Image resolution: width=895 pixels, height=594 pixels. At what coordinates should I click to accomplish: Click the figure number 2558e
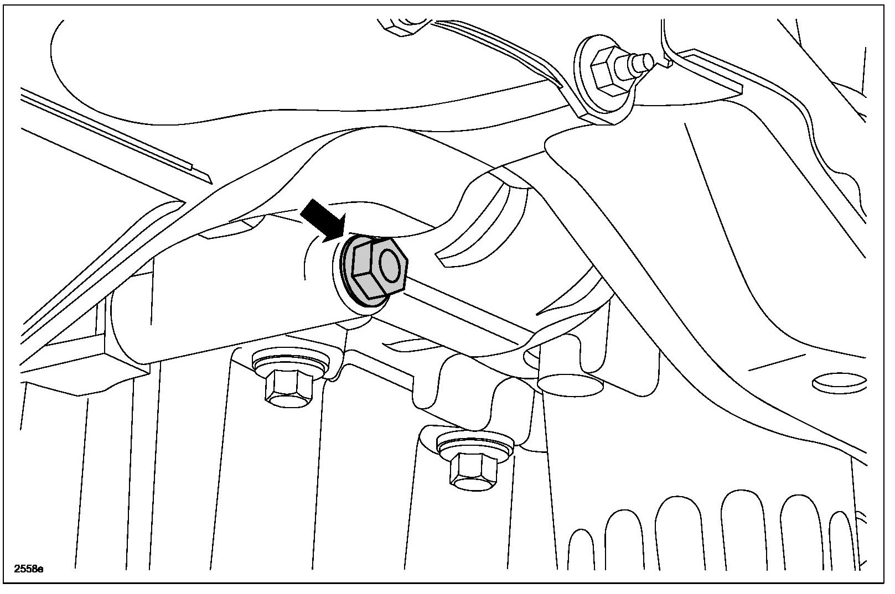point(29,568)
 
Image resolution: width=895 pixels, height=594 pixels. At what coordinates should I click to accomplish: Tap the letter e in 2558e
point(40,569)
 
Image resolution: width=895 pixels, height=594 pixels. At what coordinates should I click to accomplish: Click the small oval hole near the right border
point(839,382)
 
